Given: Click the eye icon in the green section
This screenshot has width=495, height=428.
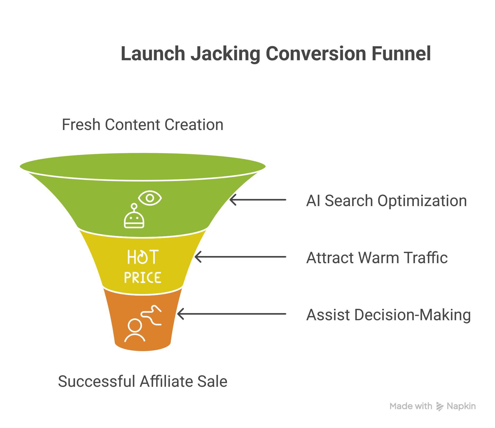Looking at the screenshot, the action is point(150,198).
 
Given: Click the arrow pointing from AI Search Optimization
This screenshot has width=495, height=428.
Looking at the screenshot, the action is point(258,200).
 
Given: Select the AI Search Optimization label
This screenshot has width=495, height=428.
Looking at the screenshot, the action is point(386,201).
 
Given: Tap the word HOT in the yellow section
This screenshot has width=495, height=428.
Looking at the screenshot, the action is point(143,257).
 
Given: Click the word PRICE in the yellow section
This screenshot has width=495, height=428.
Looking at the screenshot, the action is point(142,277).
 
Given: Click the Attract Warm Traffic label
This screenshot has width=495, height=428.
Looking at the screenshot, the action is point(377,258).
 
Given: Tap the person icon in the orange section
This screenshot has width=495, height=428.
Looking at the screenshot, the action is point(135,330).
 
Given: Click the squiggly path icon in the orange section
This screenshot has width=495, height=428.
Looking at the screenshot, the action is point(151,315).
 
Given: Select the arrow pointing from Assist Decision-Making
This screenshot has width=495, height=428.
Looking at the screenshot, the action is point(232,314).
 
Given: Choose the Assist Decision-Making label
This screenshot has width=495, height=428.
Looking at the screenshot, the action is point(388,315).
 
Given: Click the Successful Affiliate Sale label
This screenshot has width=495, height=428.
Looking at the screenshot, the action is point(142,381).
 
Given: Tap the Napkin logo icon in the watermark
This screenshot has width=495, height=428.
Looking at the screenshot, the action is point(440,406).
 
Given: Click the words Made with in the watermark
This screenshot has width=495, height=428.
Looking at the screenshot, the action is point(411,406).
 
